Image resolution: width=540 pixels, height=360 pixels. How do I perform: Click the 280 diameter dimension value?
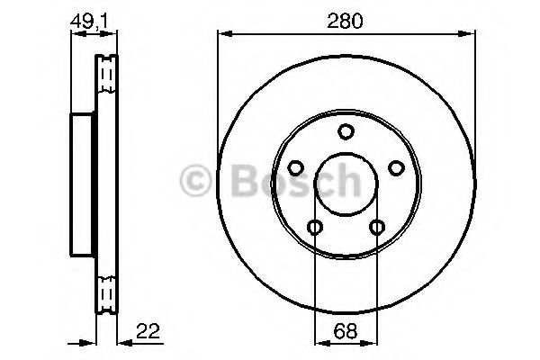coord(346,22)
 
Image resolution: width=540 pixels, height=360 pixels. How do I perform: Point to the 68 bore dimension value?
coord(344,330)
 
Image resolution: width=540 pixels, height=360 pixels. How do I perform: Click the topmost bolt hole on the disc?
coord(345,132)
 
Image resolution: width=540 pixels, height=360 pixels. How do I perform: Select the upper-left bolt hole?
coord(295,168)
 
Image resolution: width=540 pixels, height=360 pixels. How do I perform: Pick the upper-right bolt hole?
coord(393,167)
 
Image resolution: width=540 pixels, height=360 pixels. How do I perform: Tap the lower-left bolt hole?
coord(314,226)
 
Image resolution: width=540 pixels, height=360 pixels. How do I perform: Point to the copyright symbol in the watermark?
coord(196,183)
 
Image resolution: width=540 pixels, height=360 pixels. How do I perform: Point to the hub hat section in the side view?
coord(83,184)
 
